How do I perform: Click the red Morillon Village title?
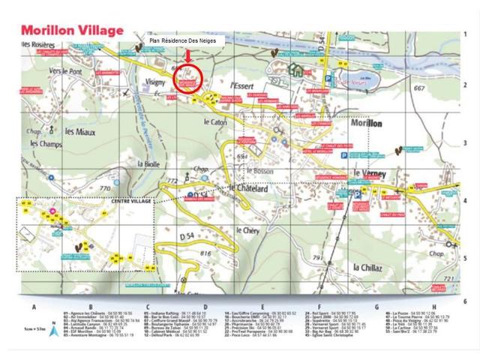click(x=72, y=31)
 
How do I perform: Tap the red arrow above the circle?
click(x=187, y=56)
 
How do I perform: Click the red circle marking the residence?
click(x=188, y=79)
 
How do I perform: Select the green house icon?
click(x=297, y=71)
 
